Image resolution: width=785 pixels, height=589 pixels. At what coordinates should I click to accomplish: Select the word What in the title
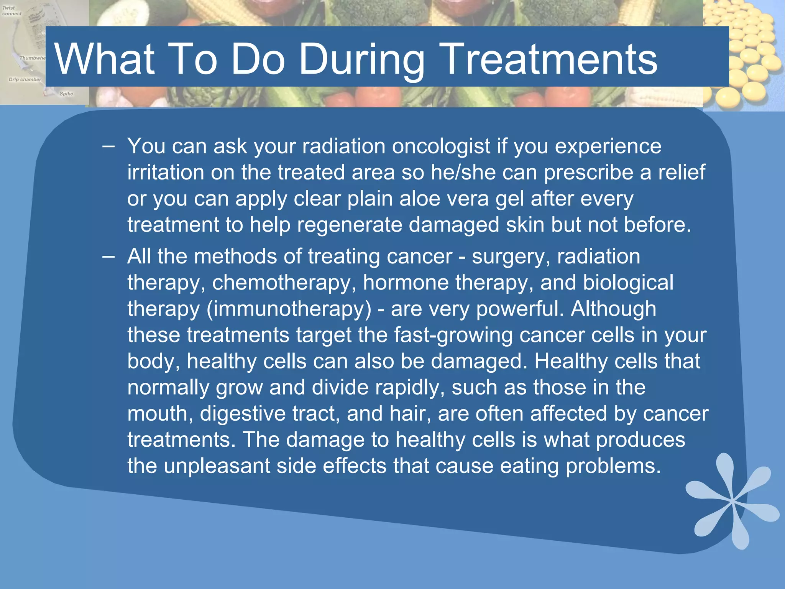(x=105, y=59)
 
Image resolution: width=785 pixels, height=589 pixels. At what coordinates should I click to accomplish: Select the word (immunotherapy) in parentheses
(x=289, y=309)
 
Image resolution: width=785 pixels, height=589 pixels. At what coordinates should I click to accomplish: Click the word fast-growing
(x=453, y=336)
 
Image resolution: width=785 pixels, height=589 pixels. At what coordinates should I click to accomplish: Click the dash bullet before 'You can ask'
(x=108, y=147)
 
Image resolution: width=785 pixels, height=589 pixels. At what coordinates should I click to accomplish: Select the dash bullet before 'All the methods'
(x=108, y=257)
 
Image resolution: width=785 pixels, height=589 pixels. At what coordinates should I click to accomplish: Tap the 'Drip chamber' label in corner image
(x=25, y=80)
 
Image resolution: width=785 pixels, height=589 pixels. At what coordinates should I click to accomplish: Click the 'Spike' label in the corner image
(x=66, y=94)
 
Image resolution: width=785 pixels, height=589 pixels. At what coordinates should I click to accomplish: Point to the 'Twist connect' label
(x=12, y=11)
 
